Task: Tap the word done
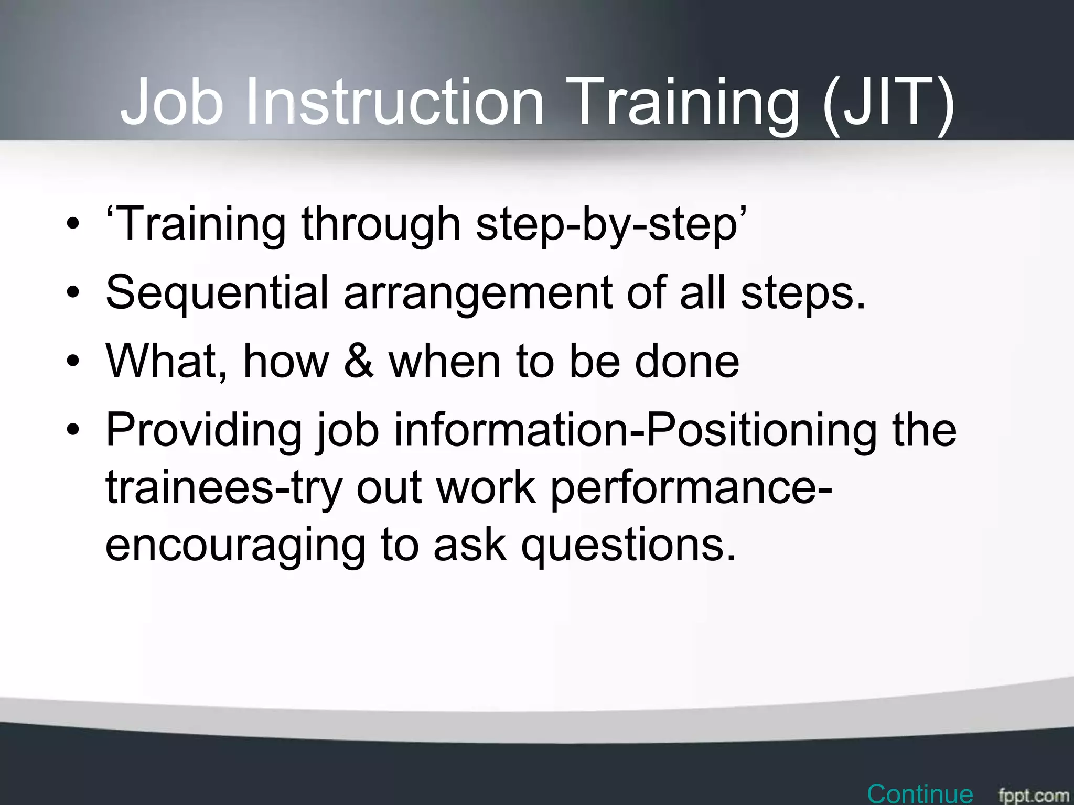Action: pos(686,361)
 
